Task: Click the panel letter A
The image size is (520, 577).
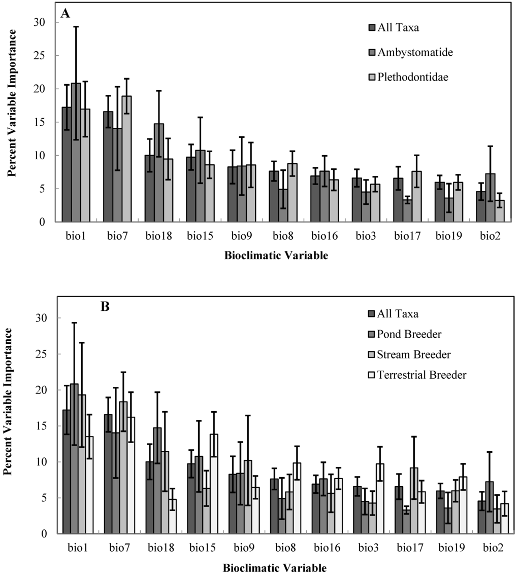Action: [65, 14]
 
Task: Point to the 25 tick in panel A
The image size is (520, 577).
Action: [46, 56]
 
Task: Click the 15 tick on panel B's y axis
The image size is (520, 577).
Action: [46, 426]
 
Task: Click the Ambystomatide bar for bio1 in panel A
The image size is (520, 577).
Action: [76, 152]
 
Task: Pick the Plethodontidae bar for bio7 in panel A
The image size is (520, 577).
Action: [126, 159]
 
